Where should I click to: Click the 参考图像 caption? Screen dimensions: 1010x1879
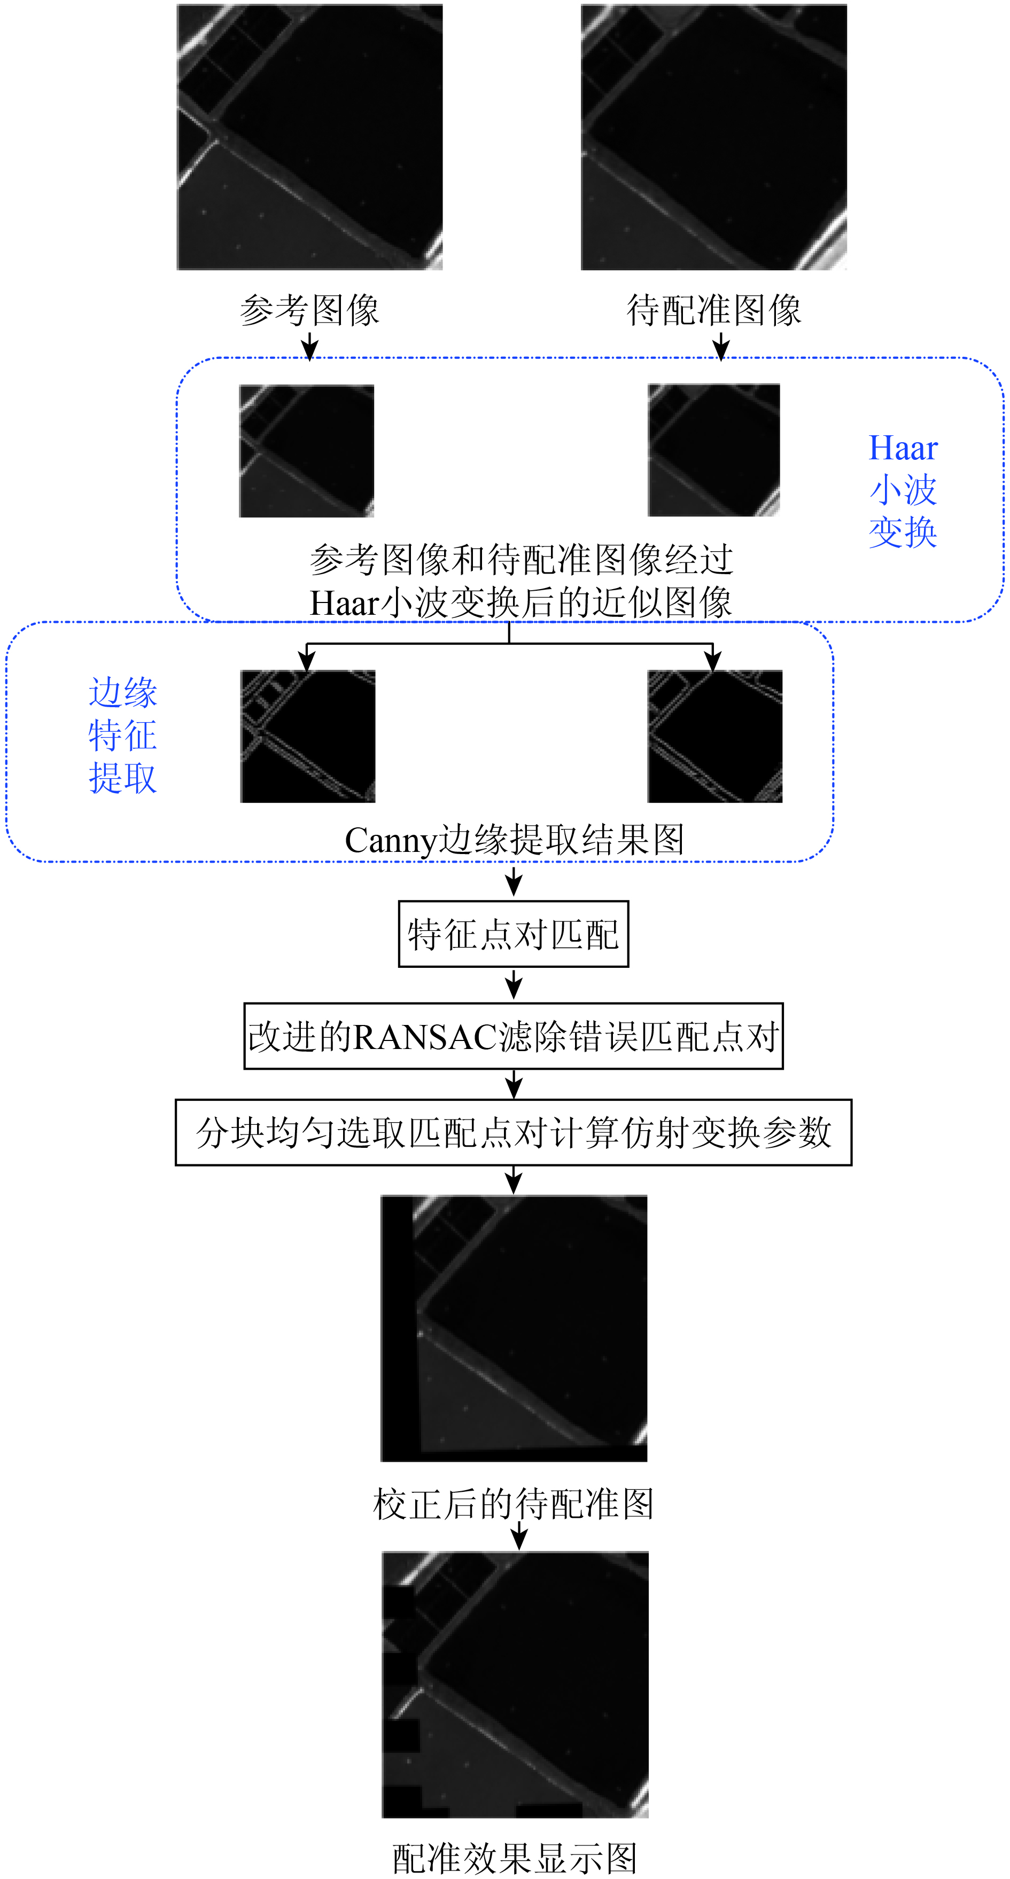tap(309, 310)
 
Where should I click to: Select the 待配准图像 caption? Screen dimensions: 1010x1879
tap(714, 310)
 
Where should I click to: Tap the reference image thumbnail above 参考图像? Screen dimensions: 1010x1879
tap(309, 137)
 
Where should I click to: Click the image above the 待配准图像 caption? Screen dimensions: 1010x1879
tap(714, 137)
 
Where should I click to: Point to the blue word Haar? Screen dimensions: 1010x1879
tap(903, 448)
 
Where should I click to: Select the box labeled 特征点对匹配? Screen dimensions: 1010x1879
tap(513, 934)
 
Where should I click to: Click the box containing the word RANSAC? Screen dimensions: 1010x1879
tap(513, 1037)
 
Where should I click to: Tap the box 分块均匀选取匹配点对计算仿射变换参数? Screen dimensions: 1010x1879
tap(513, 1133)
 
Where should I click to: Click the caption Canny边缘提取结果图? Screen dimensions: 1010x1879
tap(515, 840)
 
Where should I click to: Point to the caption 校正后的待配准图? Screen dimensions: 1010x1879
tap(513, 1504)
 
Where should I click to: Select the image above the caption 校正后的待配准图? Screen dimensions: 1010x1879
tap(514, 1328)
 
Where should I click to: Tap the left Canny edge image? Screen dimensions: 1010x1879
tap(308, 736)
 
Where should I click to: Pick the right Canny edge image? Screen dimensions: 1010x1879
tap(714, 736)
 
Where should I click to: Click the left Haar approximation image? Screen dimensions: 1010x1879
tap(307, 451)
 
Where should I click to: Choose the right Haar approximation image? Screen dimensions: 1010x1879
tap(714, 450)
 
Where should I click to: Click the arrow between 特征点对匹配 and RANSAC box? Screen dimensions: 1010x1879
tap(514, 985)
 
